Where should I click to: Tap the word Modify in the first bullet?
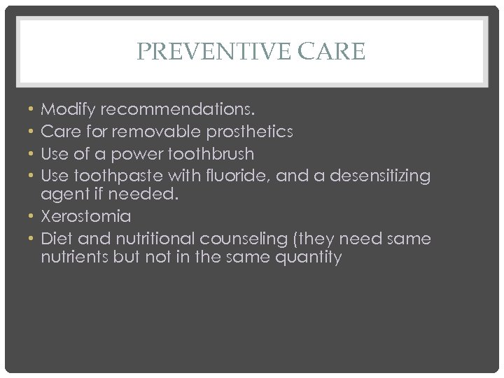[x=68, y=110]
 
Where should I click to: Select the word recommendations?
[x=178, y=110]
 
